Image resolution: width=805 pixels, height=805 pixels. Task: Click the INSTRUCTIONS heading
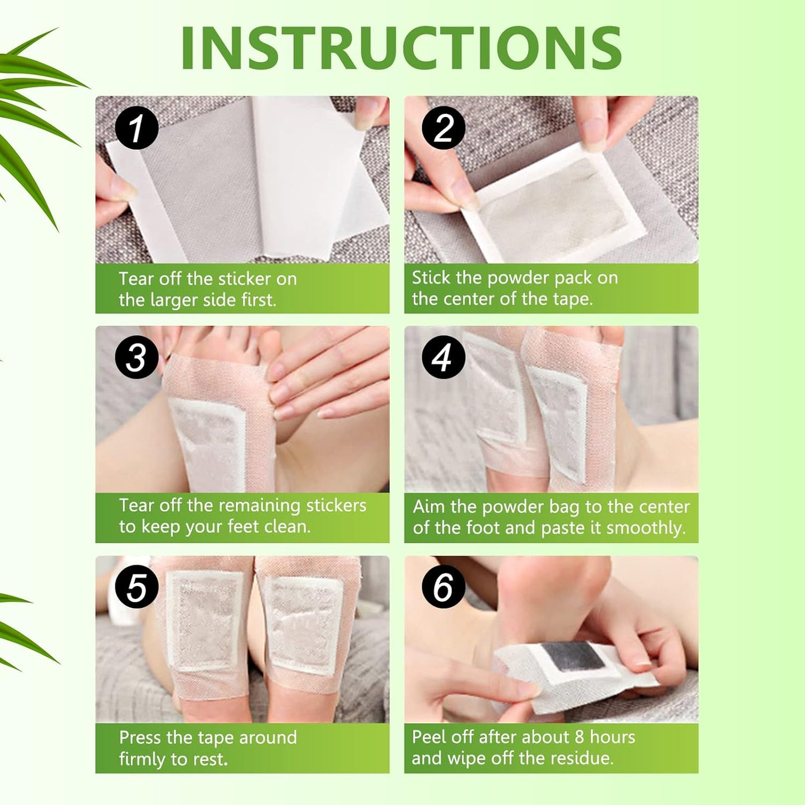401,48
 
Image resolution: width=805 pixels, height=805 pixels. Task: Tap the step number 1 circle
136,128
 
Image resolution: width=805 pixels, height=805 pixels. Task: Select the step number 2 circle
443,128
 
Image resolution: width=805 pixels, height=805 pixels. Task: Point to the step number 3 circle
136,357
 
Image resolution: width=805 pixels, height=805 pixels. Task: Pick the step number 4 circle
443,357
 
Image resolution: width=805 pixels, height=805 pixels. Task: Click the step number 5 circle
136,587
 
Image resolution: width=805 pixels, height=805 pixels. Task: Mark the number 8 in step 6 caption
579,737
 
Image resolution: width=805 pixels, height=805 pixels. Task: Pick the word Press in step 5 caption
140,738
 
